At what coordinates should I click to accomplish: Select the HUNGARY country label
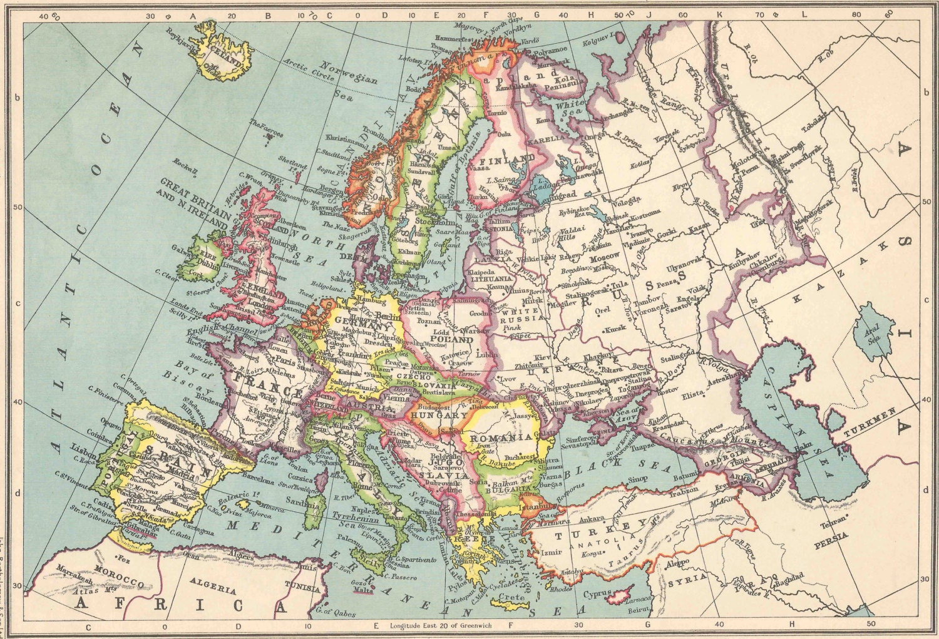point(439,415)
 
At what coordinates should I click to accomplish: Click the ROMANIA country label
point(500,437)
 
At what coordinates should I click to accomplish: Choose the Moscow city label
point(604,257)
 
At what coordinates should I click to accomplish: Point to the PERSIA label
point(830,536)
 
